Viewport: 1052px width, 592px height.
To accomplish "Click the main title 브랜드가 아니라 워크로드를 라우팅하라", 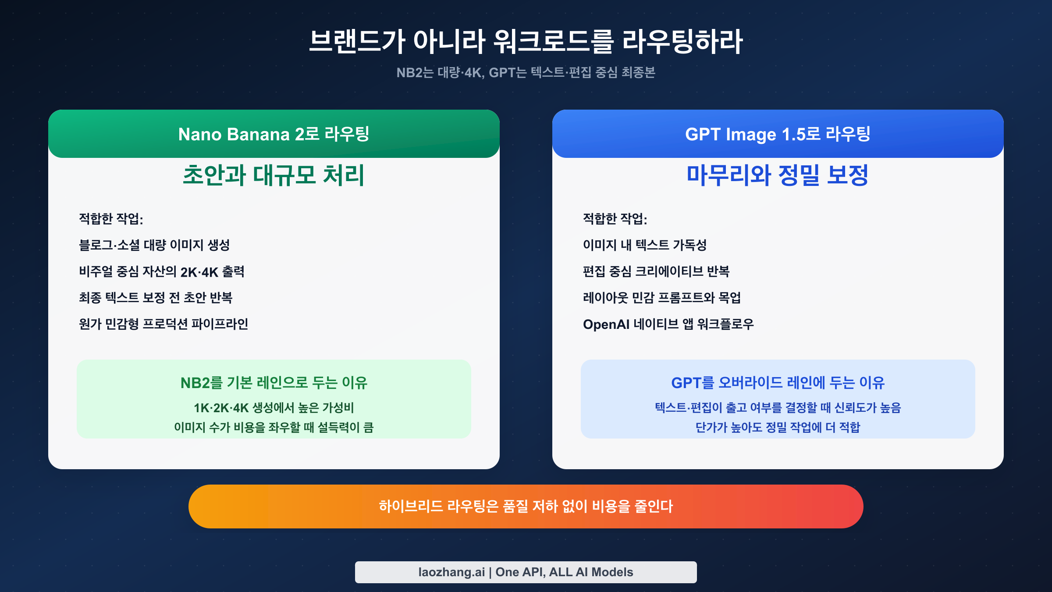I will [x=526, y=42].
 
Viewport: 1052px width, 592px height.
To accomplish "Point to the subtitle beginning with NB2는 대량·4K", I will [x=526, y=72].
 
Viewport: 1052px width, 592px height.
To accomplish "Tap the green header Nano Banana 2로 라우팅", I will [x=274, y=134].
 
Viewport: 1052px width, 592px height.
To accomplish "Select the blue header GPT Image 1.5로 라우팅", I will [x=778, y=134].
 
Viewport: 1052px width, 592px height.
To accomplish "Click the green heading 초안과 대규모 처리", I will [x=274, y=175].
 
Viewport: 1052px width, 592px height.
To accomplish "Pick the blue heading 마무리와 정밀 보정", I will [x=778, y=175].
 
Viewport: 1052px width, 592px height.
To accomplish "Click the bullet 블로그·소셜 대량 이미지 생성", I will [x=154, y=245].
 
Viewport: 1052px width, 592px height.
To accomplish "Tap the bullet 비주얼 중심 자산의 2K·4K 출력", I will [x=161, y=272].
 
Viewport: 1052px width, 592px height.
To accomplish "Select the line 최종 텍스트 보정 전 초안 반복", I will [x=156, y=298].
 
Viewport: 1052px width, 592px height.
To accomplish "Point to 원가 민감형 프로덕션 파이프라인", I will [x=163, y=324].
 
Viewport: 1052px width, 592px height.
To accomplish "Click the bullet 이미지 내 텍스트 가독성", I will [x=644, y=245].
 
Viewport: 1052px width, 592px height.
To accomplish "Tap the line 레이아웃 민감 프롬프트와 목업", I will [x=662, y=298].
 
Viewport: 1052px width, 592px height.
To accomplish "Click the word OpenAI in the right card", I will [x=606, y=325].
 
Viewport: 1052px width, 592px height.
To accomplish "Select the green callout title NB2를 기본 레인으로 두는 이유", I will [x=274, y=383].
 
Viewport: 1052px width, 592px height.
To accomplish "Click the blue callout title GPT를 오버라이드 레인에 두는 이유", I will [x=778, y=383].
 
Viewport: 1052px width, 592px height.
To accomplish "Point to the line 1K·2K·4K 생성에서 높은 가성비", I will [x=274, y=408].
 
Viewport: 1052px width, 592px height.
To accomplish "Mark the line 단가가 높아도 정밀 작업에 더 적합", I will [x=778, y=427].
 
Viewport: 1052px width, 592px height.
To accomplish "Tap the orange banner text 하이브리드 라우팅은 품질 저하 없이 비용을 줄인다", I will [x=526, y=506].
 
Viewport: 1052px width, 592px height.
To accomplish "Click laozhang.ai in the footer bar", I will [x=451, y=572].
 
